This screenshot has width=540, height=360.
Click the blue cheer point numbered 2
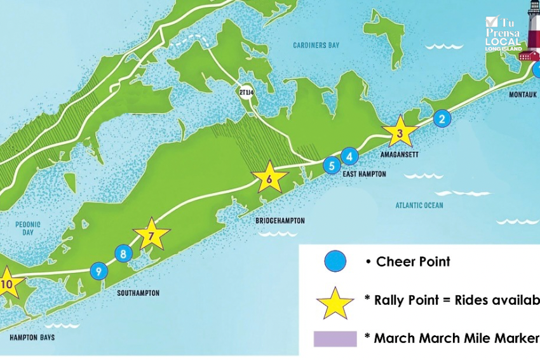(442, 118)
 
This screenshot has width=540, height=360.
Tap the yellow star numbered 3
(400, 133)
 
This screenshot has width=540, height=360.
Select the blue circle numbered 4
(349, 156)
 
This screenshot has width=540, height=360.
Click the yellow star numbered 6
(269, 180)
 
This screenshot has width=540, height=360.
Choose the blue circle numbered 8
(123, 254)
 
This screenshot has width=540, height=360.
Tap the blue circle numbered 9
(98, 271)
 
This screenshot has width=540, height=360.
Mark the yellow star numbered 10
(8, 284)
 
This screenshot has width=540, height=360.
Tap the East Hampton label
(364, 174)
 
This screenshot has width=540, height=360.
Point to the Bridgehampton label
(280, 221)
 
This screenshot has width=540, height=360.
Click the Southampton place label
(138, 293)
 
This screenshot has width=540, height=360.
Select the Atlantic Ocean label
(419, 205)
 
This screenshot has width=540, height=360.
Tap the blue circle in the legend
(335, 261)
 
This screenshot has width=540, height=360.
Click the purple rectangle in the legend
(335, 338)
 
